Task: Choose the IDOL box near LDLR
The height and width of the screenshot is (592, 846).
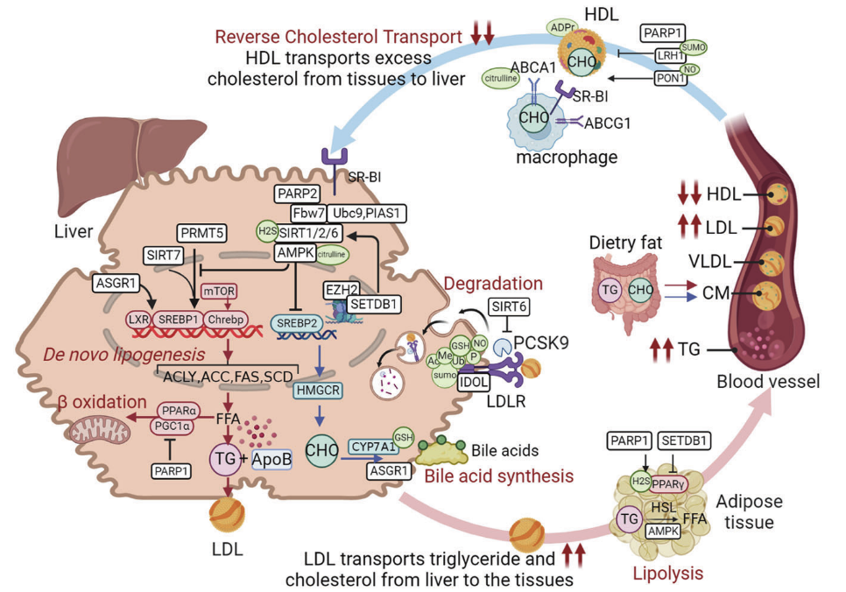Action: click(474, 384)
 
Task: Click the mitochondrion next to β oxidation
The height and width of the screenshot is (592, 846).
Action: click(90, 429)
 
